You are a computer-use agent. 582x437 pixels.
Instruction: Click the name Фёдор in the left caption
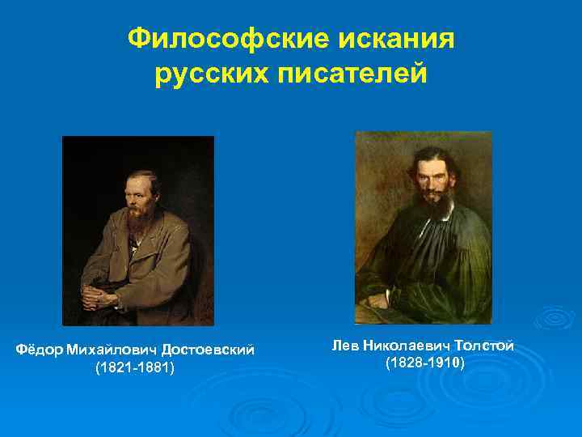click(40, 350)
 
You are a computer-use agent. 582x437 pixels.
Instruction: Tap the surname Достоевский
click(208, 350)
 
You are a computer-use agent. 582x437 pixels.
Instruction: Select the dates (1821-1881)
click(135, 368)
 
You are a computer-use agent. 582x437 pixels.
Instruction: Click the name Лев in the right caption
click(344, 346)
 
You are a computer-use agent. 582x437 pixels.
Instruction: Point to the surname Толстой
click(485, 346)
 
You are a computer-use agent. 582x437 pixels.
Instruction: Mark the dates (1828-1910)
click(424, 363)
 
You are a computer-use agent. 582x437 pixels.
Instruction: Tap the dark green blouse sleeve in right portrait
click(469, 267)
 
